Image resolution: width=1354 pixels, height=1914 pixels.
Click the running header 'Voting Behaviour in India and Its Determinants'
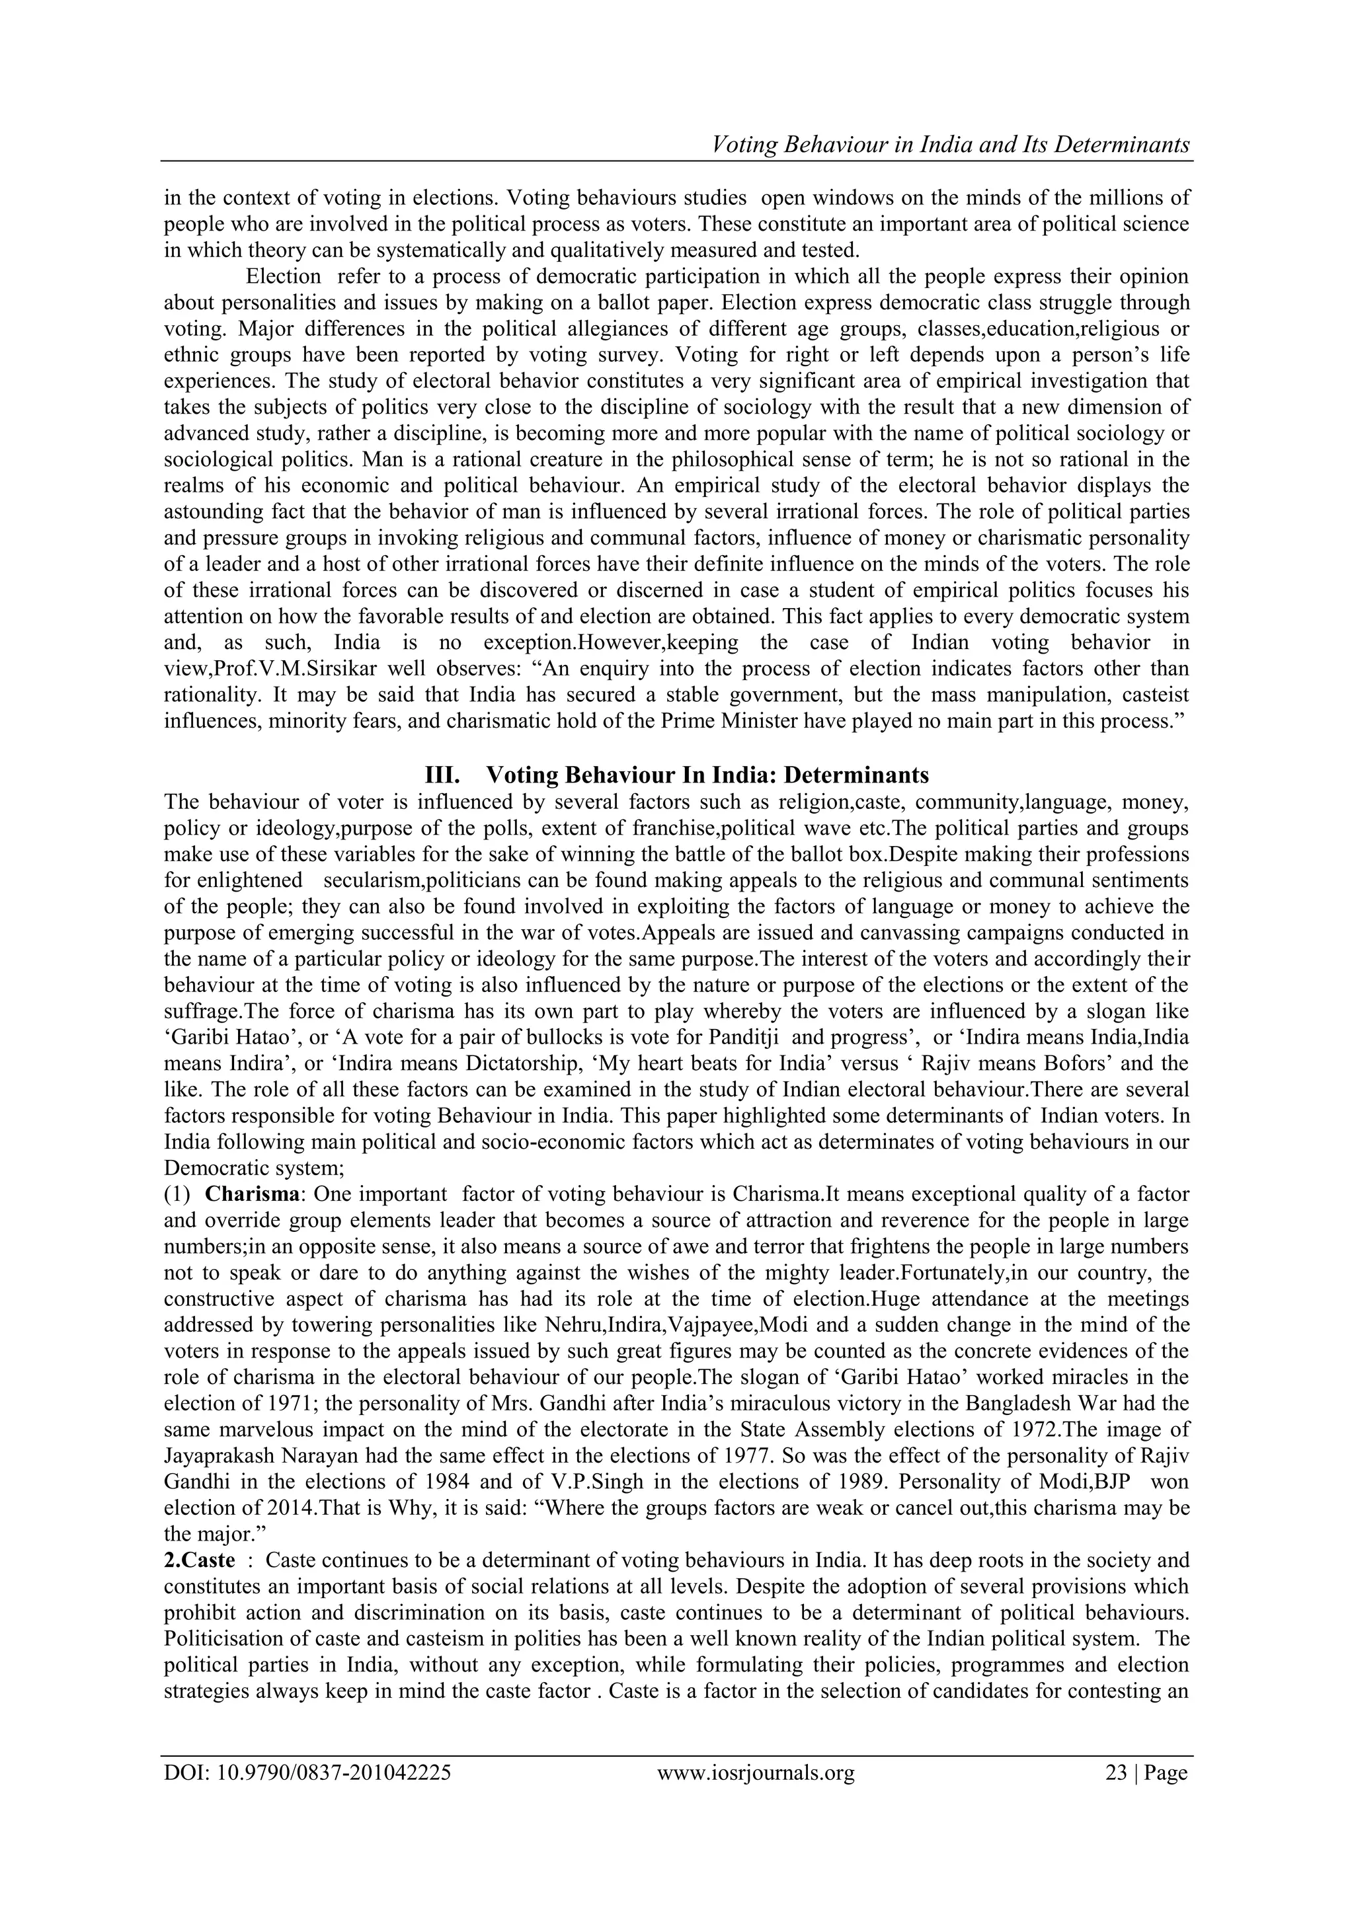coord(949,145)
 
